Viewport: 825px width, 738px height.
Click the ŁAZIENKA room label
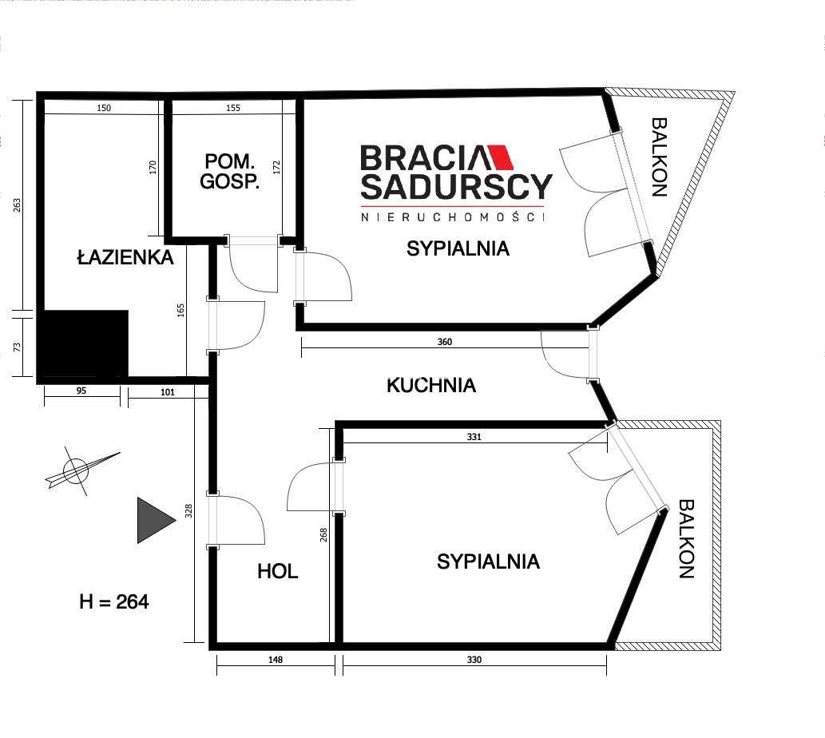[125, 257]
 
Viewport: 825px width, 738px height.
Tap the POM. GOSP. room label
[229, 171]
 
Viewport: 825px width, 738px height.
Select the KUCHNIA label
[431, 385]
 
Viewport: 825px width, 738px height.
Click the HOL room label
[277, 571]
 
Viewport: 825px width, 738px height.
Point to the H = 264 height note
[113, 601]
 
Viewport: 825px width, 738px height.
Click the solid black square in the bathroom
[85, 343]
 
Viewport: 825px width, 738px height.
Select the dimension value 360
[445, 342]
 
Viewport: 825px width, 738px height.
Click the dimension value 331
[474, 437]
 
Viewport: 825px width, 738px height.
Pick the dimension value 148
[276, 660]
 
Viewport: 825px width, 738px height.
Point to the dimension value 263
[17, 205]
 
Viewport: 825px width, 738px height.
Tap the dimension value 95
[81, 391]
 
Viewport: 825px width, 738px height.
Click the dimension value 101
[167, 392]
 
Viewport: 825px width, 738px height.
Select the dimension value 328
[189, 510]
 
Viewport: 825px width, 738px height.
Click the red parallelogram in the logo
[501, 157]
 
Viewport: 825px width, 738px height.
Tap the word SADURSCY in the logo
[456, 187]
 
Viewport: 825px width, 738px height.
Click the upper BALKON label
[659, 157]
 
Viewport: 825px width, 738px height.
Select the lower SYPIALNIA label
[488, 561]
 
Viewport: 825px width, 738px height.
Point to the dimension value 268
[323, 535]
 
